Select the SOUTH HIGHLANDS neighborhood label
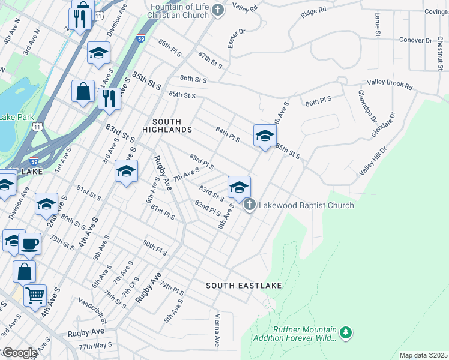click(x=167, y=125)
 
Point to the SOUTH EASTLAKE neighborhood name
click(x=244, y=286)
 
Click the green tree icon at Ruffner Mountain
click(x=345, y=332)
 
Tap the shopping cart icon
click(x=35, y=295)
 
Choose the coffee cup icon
click(x=29, y=244)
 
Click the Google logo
click(x=19, y=353)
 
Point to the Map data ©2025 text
click(x=423, y=355)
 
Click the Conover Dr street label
click(x=415, y=40)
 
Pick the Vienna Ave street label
click(x=218, y=331)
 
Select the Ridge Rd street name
click(x=313, y=11)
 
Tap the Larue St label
click(x=378, y=27)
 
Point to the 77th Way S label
click(x=95, y=346)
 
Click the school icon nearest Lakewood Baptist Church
click(x=239, y=187)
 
